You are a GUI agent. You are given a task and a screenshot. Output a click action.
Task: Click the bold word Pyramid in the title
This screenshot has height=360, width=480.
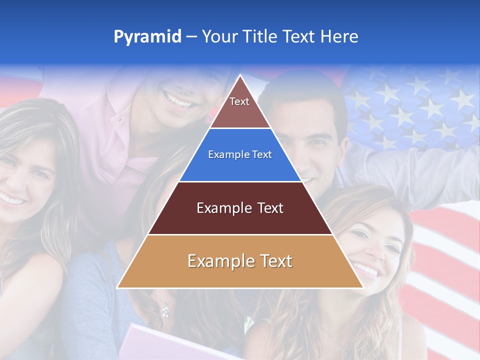pos(147,37)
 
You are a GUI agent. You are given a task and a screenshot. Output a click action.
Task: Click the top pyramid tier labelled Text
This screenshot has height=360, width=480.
pos(239,107)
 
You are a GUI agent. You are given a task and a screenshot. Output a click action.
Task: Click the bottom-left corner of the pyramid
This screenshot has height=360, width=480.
pos(118,287)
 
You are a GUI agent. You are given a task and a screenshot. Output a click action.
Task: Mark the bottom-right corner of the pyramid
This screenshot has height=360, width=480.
pos(362,287)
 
